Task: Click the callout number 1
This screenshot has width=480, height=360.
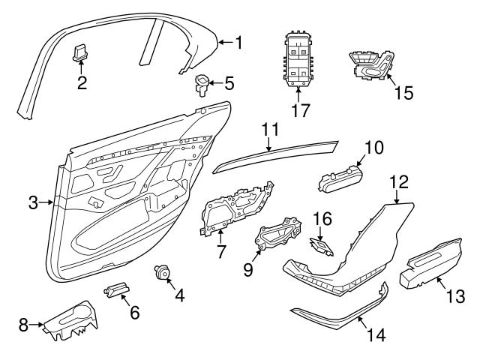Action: (x=238, y=43)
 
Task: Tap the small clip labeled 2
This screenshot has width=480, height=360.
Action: (x=81, y=52)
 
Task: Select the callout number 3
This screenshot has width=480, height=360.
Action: (x=33, y=202)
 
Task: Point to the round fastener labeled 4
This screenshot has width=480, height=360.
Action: (x=160, y=273)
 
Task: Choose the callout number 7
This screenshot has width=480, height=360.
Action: (x=221, y=251)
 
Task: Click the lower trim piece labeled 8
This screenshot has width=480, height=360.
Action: (x=71, y=319)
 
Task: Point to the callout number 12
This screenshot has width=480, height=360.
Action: (x=398, y=182)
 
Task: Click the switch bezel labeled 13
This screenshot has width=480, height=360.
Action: (x=433, y=265)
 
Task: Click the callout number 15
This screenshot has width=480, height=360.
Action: (x=403, y=93)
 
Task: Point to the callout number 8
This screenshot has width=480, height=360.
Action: (x=23, y=324)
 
